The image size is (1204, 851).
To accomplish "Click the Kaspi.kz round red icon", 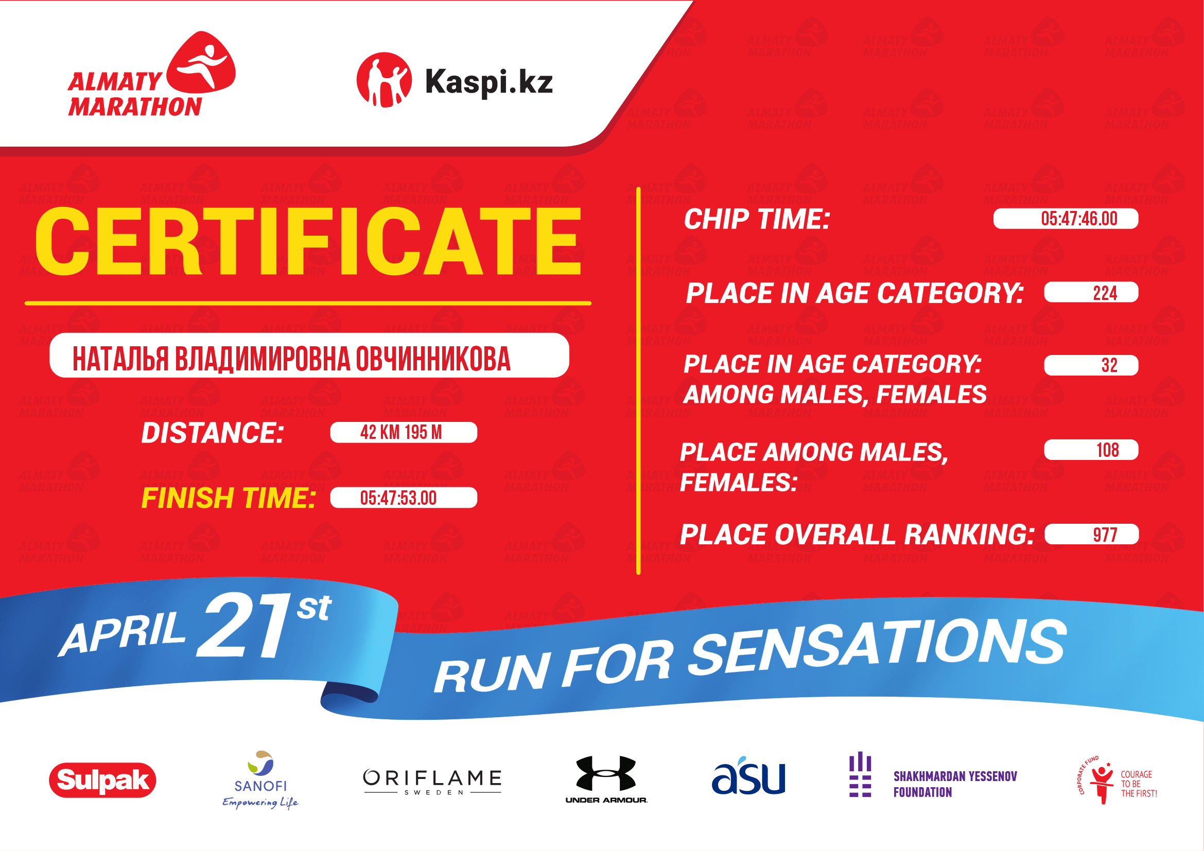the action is [x=384, y=80].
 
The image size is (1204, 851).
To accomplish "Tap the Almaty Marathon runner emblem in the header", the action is [x=201, y=62].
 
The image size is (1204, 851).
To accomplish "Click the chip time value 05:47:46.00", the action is [x=1079, y=219].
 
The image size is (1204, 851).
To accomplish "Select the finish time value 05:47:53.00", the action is [x=398, y=498].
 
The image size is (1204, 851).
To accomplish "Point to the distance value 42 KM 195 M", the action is [x=400, y=432].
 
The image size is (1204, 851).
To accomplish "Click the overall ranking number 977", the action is [x=1105, y=535].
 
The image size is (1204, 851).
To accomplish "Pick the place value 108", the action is [x=1108, y=450].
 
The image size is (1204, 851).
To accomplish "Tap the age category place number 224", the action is [x=1105, y=293].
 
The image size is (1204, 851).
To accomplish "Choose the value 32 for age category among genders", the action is [x=1109, y=365].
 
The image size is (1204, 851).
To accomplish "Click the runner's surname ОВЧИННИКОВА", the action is [x=433, y=359].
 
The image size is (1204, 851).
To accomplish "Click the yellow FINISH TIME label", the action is [x=229, y=498].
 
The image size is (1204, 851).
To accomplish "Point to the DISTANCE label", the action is [x=213, y=433].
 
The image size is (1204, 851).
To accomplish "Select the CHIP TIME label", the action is [x=757, y=219].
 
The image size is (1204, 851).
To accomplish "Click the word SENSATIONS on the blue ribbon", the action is [x=877, y=648].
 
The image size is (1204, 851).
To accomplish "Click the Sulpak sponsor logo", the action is [x=103, y=779].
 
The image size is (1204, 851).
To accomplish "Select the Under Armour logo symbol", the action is [x=606, y=773].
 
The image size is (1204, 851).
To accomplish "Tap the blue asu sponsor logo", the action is [x=748, y=775].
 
